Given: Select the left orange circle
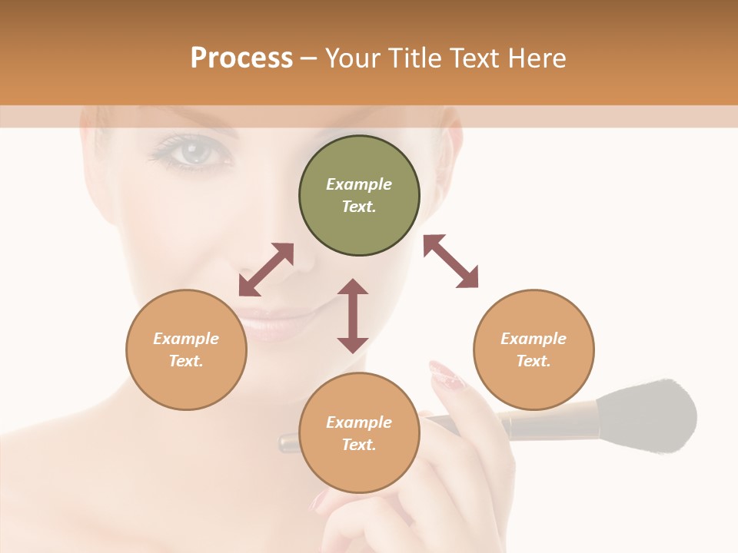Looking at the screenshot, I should tap(186, 349).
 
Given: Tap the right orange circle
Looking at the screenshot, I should tap(534, 349).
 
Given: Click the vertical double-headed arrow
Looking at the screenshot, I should tap(353, 316).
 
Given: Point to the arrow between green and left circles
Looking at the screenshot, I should tap(266, 270).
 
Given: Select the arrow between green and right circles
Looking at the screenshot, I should tap(450, 261).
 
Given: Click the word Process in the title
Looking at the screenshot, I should tap(241, 58).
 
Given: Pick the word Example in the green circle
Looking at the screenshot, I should tap(359, 184).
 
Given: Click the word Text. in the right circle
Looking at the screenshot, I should tap(534, 361).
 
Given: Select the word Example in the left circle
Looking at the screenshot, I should tap(186, 339).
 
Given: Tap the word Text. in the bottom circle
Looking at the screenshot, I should tap(359, 445).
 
